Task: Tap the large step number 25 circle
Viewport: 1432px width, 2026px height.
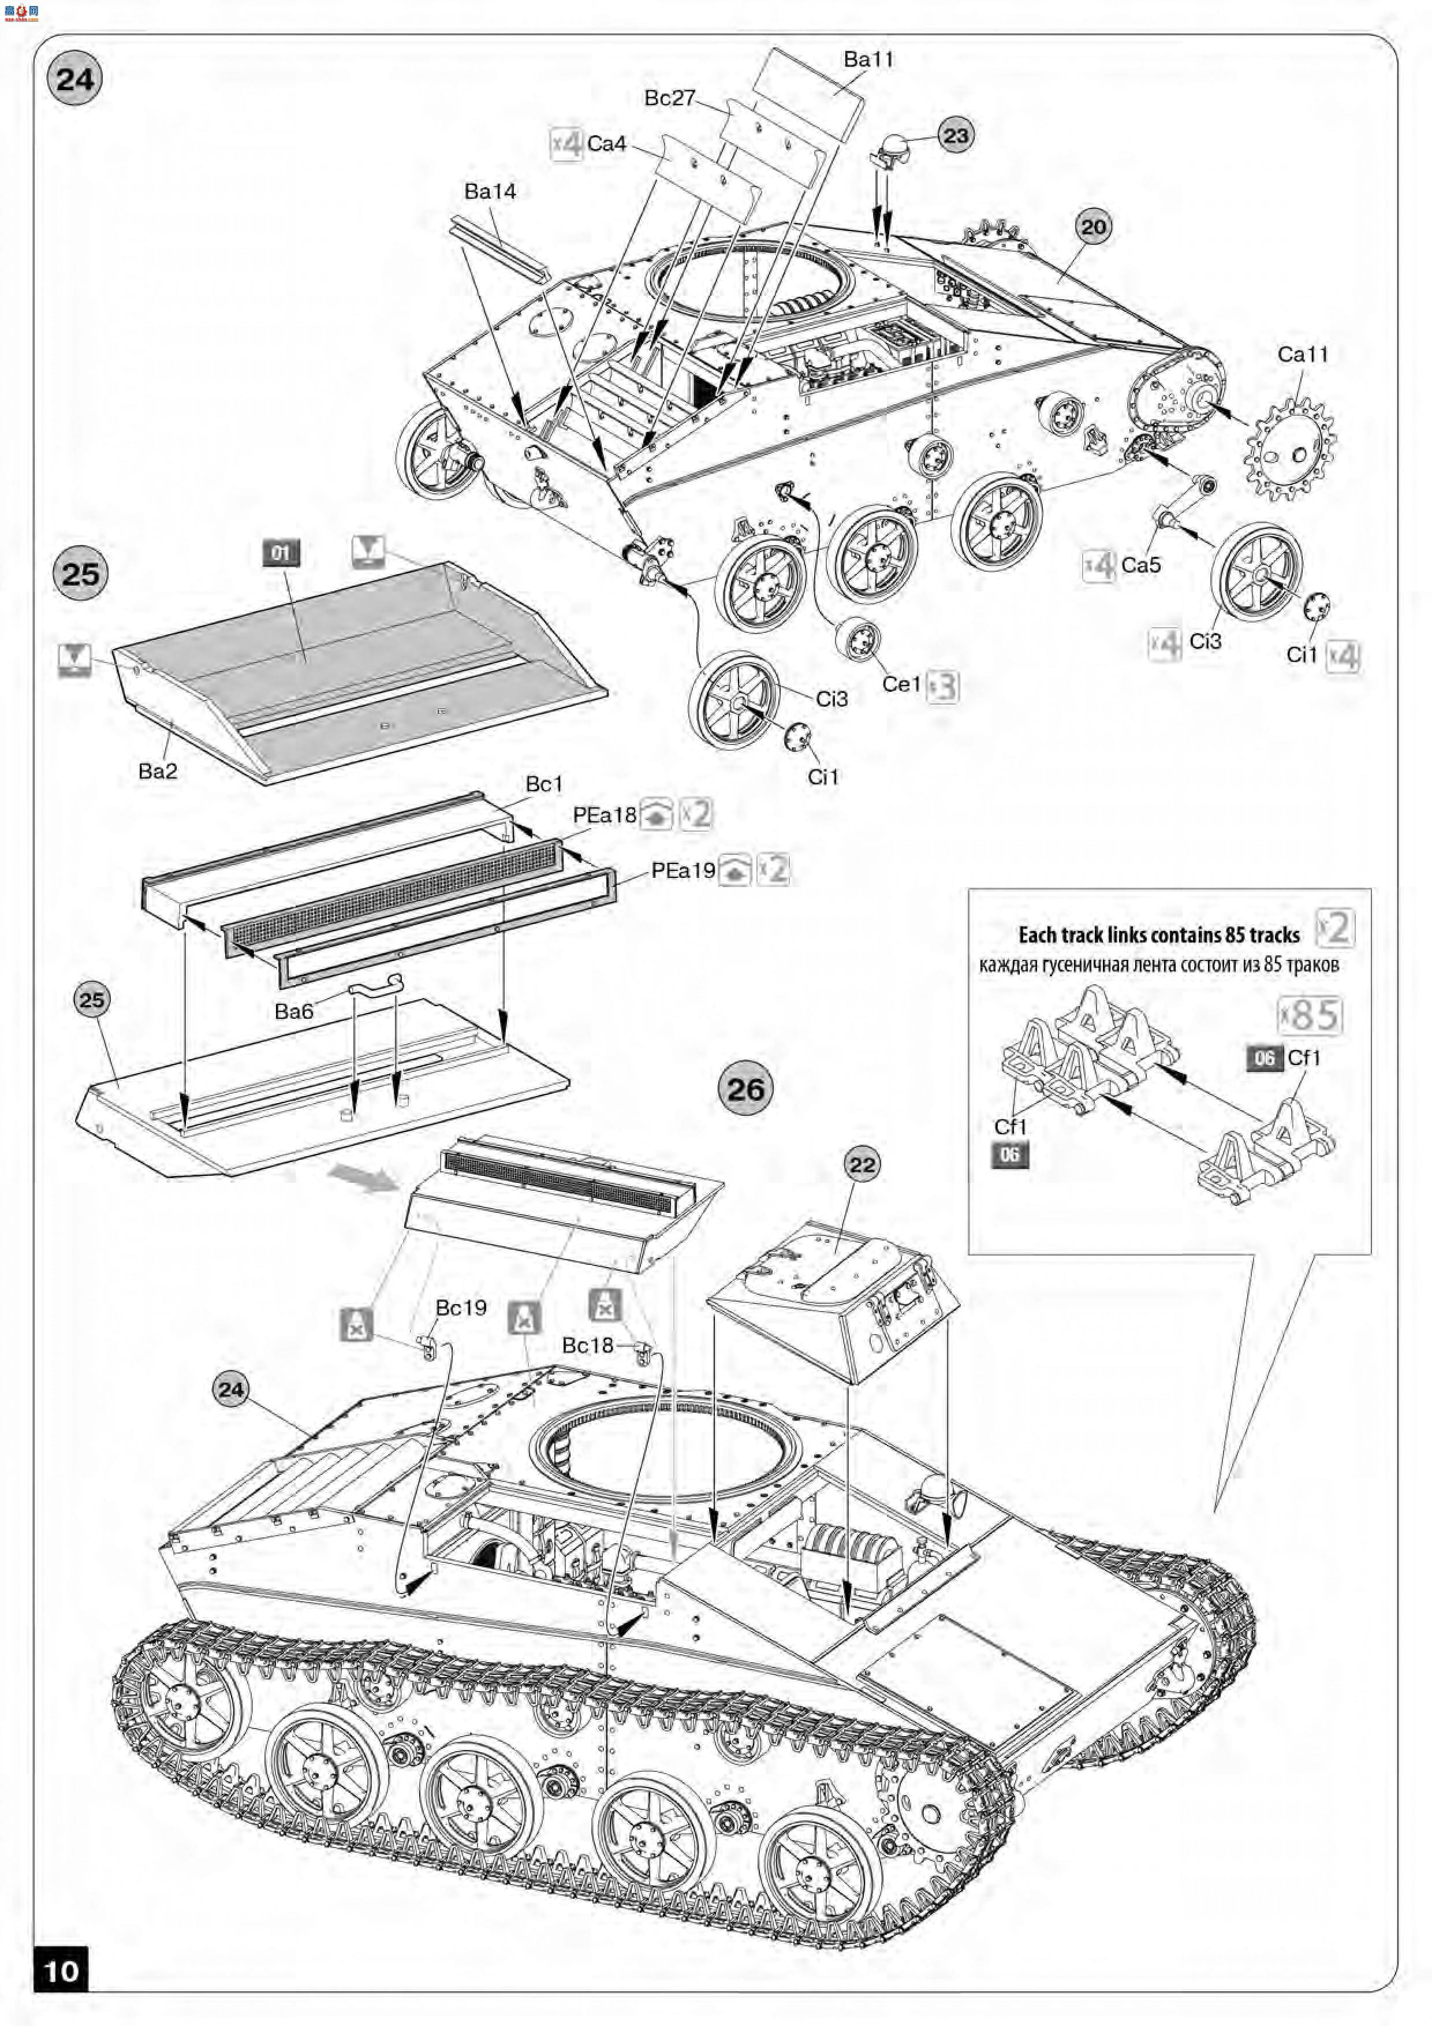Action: click(x=80, y=573)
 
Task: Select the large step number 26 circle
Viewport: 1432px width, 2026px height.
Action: click(x=745, y=1089)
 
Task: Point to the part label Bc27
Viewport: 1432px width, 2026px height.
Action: click(x=670, y=98)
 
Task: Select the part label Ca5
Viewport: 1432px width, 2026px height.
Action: click(x=1141, y=565)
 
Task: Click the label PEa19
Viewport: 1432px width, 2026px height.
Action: click(x=683, y=871)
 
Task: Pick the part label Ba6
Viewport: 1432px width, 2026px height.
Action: click(x=294, y=1011)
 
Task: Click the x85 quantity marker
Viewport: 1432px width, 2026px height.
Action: click(x=1310, y=1016)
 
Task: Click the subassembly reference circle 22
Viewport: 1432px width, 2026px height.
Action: click(x=862, y=1165)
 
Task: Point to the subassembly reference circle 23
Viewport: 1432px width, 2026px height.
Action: click(x=956, y=136)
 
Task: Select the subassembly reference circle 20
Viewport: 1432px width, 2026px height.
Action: click(x=1093, y=227)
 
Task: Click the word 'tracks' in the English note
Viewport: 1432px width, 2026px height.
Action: click(x=1274, y=936)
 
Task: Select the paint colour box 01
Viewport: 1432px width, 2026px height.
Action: click(x=281, y=553)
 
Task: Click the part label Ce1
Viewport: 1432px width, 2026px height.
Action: click(x=901, y=685)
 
